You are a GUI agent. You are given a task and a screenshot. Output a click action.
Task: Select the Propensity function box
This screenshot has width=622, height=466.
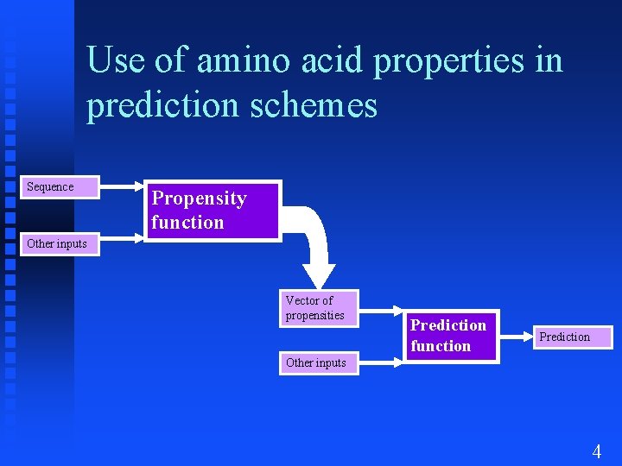click(212, 210)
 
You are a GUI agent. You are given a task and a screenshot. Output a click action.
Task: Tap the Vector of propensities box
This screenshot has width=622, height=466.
click(321, 308)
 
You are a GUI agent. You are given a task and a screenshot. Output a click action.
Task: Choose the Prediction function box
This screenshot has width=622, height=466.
click(448, 336)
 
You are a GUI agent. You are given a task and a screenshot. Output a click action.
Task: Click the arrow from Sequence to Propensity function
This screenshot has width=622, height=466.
click(121, 186)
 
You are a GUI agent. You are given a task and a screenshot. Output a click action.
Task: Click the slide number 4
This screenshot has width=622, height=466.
click(596, 450)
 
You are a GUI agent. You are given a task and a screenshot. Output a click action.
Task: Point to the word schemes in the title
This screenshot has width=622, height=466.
click(319, 106)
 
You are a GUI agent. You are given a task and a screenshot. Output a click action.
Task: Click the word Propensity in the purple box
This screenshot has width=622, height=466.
click(200, 198)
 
